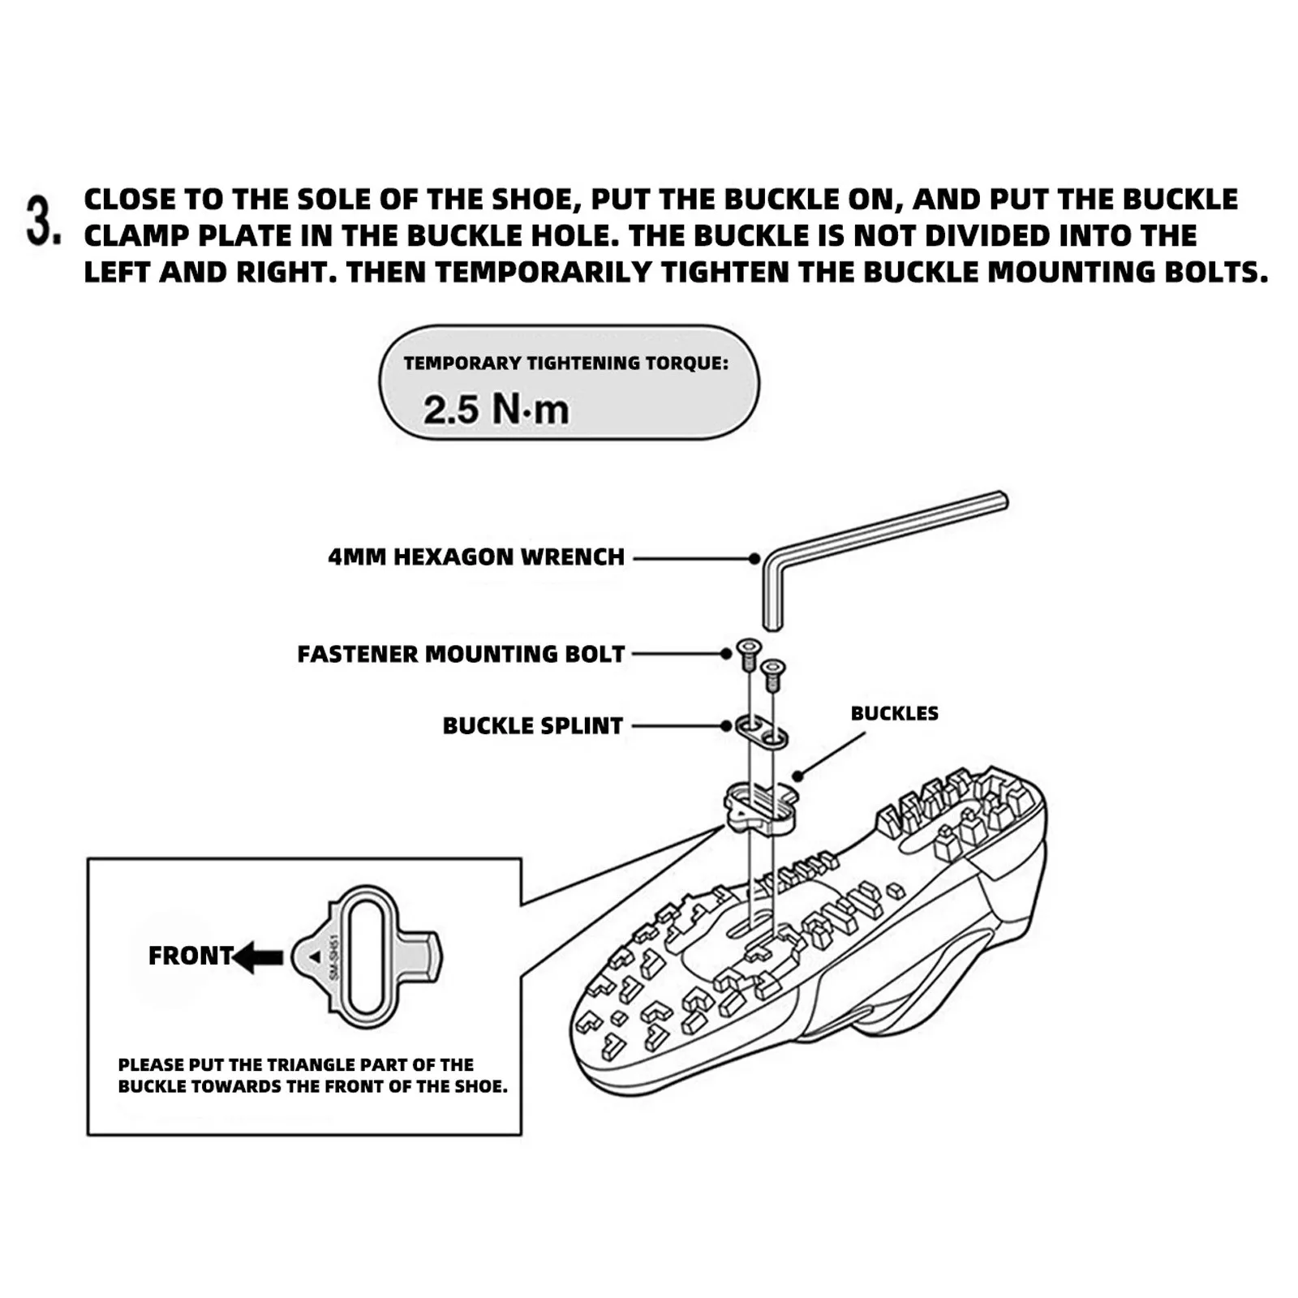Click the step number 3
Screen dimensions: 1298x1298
(x=42, y=219)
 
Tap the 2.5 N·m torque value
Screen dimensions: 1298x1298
(x=496, y=409)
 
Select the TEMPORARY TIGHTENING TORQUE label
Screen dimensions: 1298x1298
(x=565, y=363)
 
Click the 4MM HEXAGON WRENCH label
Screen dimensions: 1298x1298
(x=476, y=557)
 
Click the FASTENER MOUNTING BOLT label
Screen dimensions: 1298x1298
(x=461, y=654)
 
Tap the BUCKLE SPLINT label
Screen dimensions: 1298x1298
(x=532, y=725)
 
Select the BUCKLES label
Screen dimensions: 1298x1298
(x=894, y=713)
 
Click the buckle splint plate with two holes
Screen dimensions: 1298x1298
(x=762, y=730)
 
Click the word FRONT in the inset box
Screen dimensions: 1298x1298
(x=191, y=956)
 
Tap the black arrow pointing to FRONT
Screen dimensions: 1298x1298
(x=258, y=957)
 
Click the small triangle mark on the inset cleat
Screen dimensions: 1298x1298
(x=315, y=957)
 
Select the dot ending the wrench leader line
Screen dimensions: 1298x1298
(x=754, y=558)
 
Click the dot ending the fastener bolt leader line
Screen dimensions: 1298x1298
(x=727, y=654)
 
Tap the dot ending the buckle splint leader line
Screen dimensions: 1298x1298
(x=727, y=725)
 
